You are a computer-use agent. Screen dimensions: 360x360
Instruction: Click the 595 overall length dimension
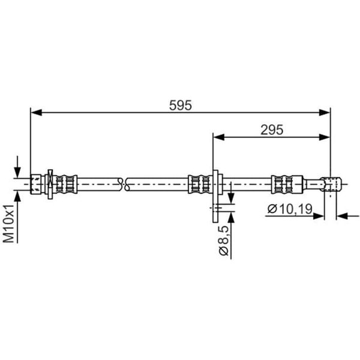(180, 106)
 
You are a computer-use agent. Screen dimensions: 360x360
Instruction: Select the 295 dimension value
(272, 130)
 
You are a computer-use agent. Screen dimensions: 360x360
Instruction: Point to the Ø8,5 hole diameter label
(224, 241)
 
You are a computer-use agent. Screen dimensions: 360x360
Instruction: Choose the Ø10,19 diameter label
(290, 209)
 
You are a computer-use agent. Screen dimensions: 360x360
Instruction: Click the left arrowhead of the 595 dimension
(36, 113)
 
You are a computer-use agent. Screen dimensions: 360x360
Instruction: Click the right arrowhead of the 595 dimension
(325, 113)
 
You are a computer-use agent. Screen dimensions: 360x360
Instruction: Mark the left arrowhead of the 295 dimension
(219, 137)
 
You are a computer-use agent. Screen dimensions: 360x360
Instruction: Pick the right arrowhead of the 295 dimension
(325, 137)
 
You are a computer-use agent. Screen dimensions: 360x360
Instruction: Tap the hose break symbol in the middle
(123, 184)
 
